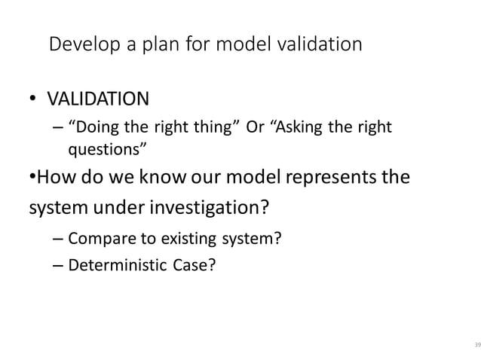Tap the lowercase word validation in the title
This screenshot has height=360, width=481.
click(318, 44)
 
